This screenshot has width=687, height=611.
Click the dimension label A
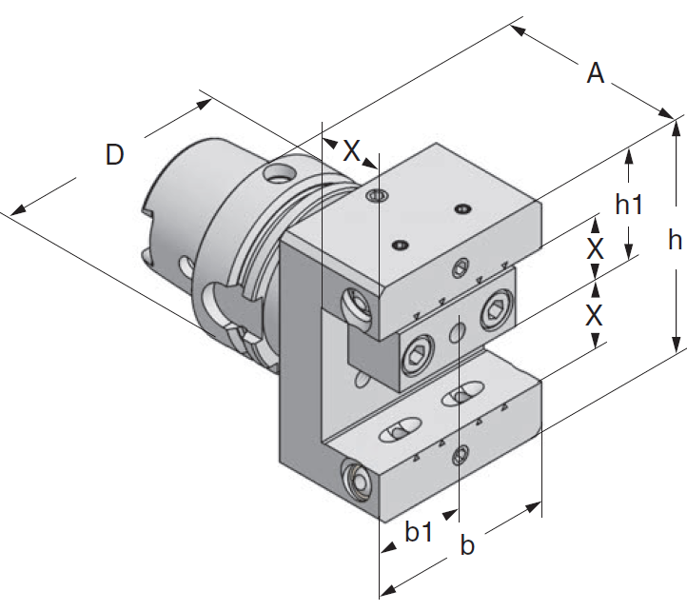point(596,73)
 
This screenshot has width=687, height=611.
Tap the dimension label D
point(115,155)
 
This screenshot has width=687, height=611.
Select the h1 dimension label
point(631,203)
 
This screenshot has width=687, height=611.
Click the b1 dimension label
point(419,533)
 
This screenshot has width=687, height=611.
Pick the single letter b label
point(467,545)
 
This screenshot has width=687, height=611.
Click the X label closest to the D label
point(352,149)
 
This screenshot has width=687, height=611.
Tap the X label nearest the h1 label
point(595,249)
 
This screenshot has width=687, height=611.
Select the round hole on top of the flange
point(280,174)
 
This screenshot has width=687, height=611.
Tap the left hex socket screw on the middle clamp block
point(417,356)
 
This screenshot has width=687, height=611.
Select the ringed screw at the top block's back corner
point(377,197)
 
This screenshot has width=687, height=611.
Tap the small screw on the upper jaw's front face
point(463,266)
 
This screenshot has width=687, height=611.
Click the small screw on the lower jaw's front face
point(461,455)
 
